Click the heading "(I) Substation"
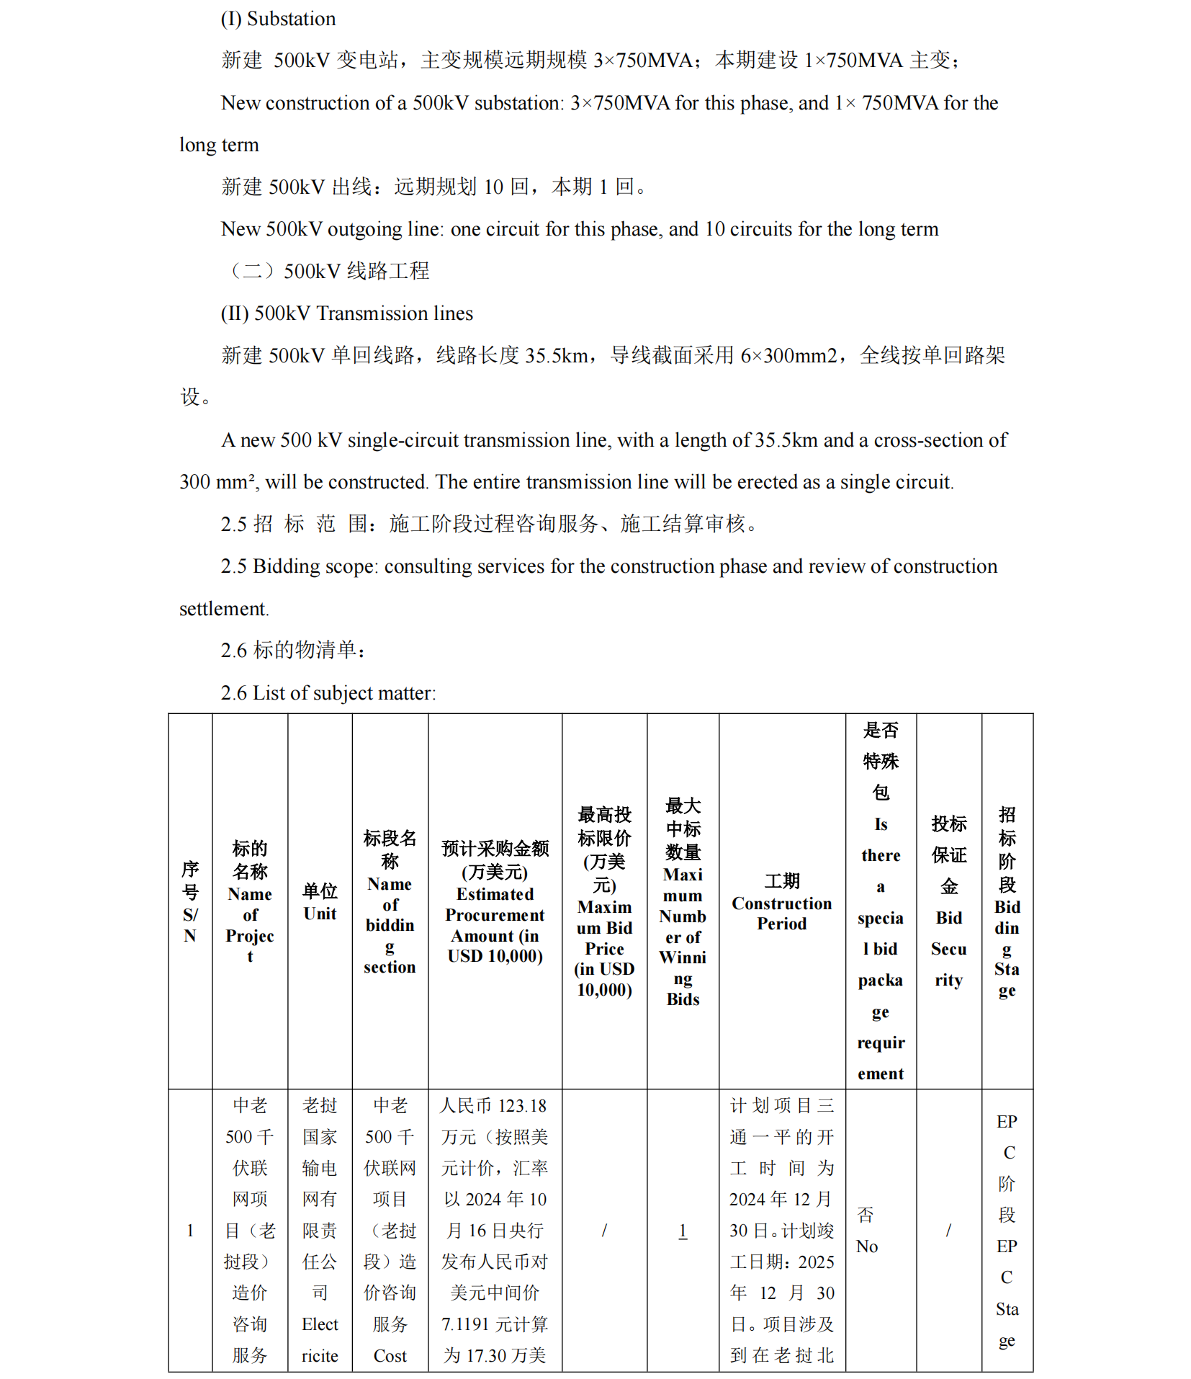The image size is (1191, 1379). pos(278,19)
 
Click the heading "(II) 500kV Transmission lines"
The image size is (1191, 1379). pos(346,313)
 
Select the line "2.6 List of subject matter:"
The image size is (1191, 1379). pos(328,693)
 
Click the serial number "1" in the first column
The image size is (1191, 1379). pos(190,1231)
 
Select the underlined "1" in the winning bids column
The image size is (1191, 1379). pos(683,1231)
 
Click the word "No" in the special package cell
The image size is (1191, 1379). pos(867,1246)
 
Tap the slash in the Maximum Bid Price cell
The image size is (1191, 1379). pos(604,1231)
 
